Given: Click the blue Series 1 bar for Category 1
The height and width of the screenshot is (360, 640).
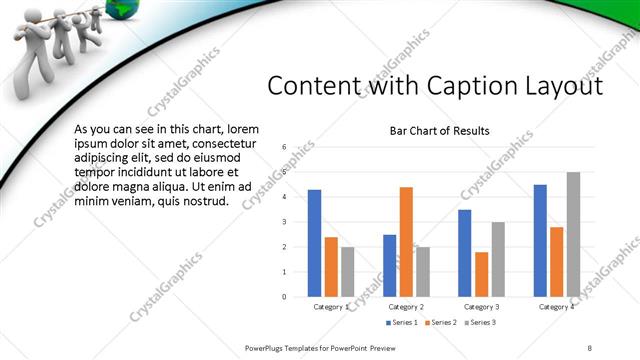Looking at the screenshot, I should coord(314,243).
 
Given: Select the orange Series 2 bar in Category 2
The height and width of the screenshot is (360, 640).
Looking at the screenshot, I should coord(406,241).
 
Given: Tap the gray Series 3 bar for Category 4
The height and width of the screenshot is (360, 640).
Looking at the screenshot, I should coord(573,234).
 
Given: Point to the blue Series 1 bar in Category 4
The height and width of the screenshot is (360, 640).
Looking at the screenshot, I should coord(540,240).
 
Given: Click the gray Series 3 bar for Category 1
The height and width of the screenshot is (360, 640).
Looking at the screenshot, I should coord(347,271).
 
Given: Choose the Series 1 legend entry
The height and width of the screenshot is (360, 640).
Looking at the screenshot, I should coord(403,322).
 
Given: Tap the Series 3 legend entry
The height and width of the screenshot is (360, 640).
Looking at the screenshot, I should coord(479,322).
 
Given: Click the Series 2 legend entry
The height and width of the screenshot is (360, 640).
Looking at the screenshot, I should coord(441,322).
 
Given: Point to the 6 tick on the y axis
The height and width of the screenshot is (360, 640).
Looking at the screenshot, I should coord(284,147).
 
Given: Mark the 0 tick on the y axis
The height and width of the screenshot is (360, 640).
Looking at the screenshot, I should coord(284,296).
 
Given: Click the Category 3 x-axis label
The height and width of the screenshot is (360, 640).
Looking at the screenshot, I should coord(481,307).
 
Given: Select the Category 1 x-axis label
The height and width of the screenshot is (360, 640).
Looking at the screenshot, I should coord(331,307).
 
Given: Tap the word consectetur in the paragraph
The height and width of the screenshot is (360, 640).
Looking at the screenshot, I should coord(222,144).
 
